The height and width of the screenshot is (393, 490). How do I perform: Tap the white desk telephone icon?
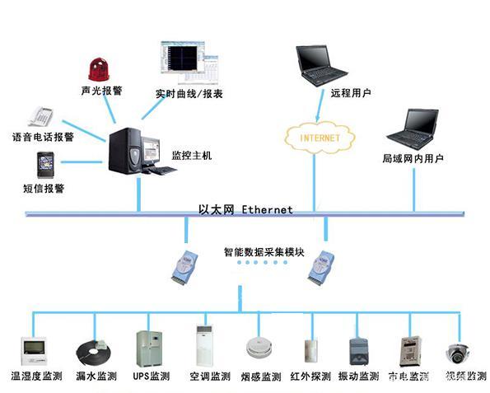pyautogui.click(x=40, y=117)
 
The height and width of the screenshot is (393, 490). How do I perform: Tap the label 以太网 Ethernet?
pyautogui.click(x=245, y=209)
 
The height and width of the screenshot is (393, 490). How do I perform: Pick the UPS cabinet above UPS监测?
pyautogui.click(x=150, y=349)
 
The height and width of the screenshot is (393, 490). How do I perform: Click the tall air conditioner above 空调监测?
pyautogui.click(x=204, y=347)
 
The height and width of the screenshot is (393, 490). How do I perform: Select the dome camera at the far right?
pyautogui.click(x=457, y=353)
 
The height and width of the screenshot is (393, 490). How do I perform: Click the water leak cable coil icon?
pyautogui.click(x=91, y=352)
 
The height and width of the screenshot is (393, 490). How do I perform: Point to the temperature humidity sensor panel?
pyautogui.click(x=34, y=349)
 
